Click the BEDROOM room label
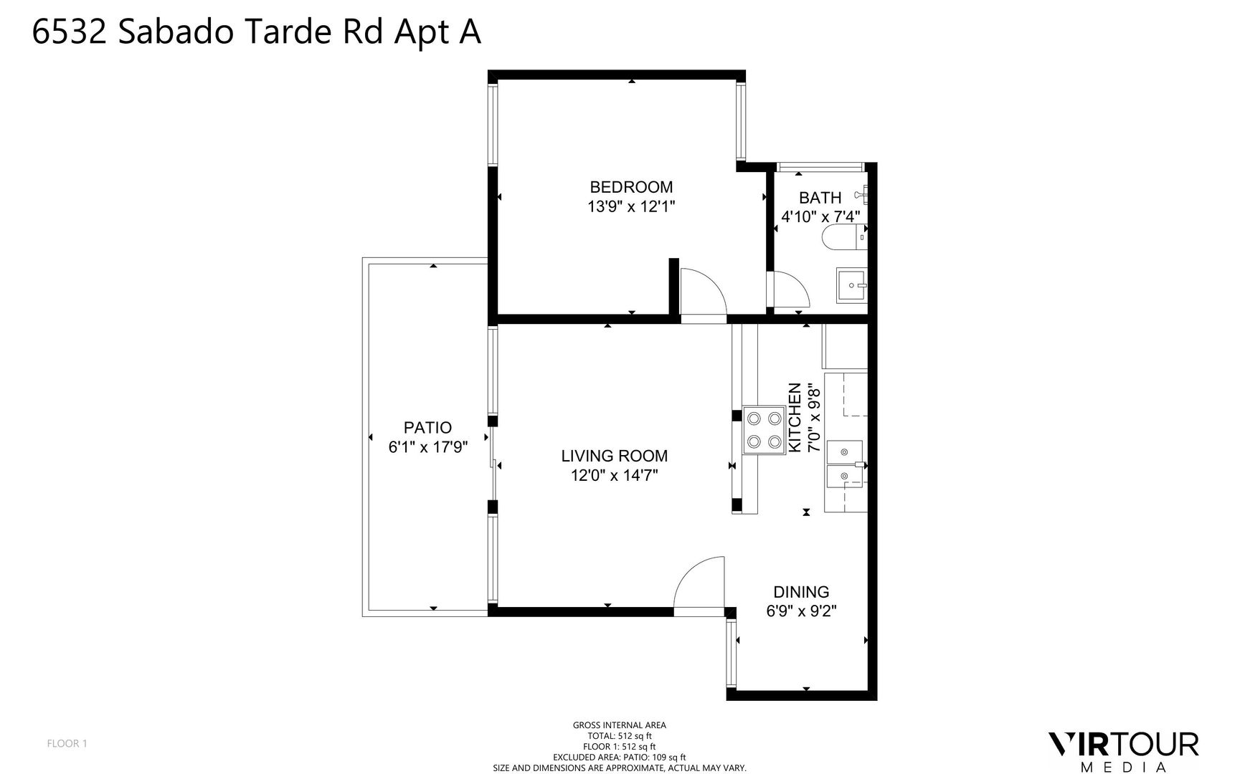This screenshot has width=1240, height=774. coord(631,187)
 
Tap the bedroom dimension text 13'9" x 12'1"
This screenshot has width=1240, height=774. coord(631,207)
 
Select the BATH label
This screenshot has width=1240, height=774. coord(820,198)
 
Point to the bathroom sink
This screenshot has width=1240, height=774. coord(852,285)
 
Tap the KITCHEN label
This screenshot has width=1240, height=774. coord(795,418)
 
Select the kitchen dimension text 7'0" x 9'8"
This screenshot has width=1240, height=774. coord(813,418)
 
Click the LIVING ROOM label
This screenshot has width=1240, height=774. coord(614,456)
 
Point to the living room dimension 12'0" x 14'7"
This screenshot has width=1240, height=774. coord(614,475)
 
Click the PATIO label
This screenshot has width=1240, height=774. coord(427,428)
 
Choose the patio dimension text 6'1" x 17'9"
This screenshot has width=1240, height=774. coord(428,447)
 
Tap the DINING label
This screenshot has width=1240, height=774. coord(801,592)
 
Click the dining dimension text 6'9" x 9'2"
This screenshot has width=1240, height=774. coord(801,611)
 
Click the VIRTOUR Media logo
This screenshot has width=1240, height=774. coord(1123,751)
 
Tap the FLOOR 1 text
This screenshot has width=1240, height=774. coord(67,743)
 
